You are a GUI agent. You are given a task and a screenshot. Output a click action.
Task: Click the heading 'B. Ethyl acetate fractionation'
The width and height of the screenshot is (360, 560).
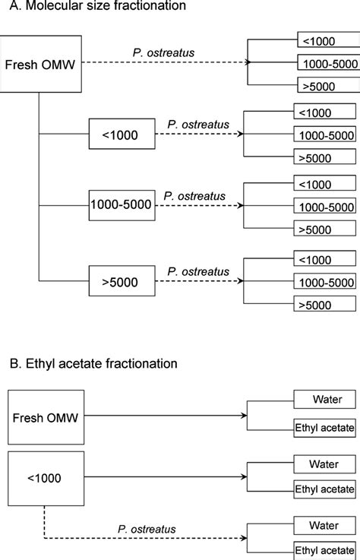pos(89,363)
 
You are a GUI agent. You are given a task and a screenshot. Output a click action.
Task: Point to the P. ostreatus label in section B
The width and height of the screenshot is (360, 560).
pos(147,528)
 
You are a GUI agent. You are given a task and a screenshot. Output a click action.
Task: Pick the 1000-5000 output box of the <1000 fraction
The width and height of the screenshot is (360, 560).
pos(324,135)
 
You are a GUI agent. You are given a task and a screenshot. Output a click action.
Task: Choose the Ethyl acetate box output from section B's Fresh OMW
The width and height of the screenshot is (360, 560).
pos(324,429)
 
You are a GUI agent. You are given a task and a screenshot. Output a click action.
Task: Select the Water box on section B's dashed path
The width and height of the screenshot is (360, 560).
pos(324,525)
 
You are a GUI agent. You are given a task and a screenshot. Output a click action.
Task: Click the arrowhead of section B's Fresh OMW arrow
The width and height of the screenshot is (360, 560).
pos(246,416)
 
